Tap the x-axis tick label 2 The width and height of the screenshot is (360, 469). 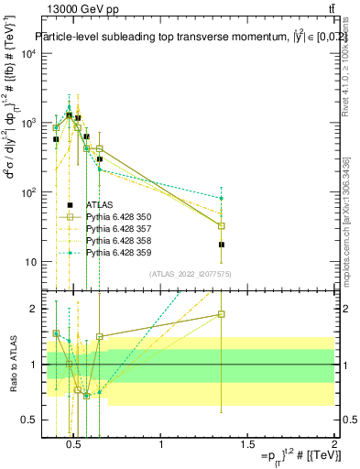tap(334, 445)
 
